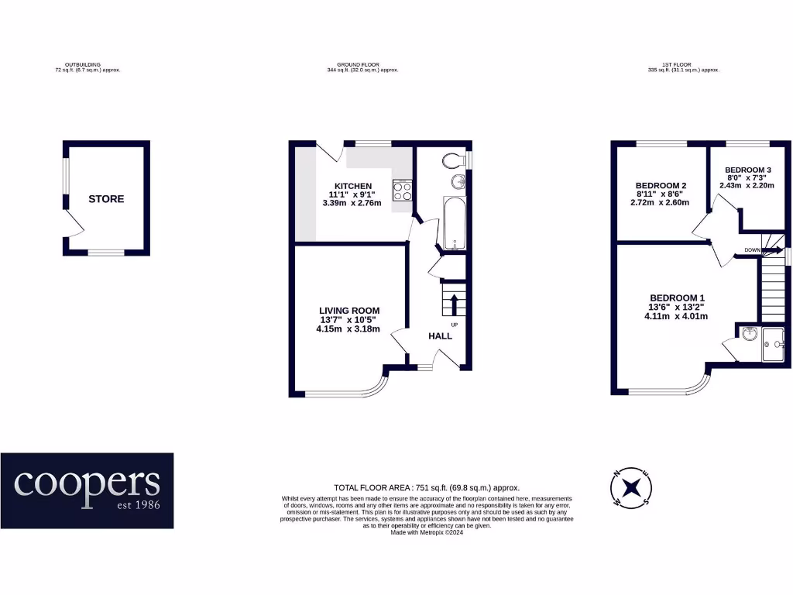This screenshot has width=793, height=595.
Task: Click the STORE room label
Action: pyautogui.click(x=106, y=199)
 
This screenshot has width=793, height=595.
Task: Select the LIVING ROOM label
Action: pyautogui.click(x=348, y=311)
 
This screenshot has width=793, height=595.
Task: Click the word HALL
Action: pyautogui.click(x=441, y=336)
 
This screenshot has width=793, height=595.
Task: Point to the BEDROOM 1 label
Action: pyautogui.click(x=677, y=298)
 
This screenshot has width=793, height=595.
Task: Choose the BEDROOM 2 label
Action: pyautogui.click(x=661, y=185)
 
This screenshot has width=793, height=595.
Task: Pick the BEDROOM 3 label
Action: pyautogui.click(x=747, y=170)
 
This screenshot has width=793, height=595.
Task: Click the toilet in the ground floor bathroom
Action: pyautogui.click(x=455, y=160)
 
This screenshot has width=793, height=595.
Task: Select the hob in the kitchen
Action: pyautogui.click(x=402, y=191)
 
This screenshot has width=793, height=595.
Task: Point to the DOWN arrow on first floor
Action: pyautogui.click(x=768, y=249)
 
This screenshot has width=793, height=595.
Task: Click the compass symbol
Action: pyautogui.click(x=632, y=488)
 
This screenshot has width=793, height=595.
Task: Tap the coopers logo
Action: pyautogui.click(x=87, y=490)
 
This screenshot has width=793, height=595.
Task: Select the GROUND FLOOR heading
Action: pyautogui.click(x=362, y=65)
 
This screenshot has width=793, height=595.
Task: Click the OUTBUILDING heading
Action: pyautogui.click(x=88, y=65)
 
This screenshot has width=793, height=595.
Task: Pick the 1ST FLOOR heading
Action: pyautogui.click(x=683, y=65)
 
